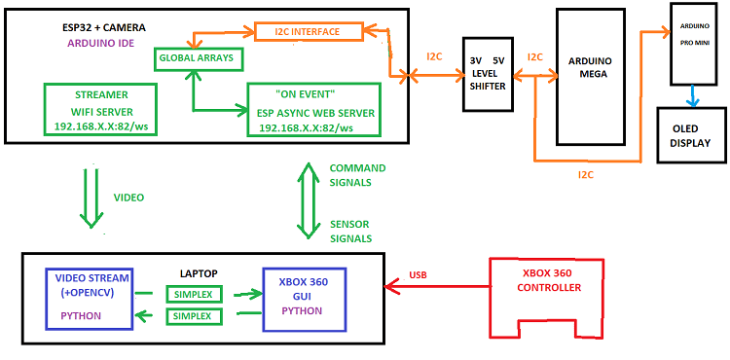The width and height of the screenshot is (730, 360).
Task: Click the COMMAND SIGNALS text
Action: point(356,175)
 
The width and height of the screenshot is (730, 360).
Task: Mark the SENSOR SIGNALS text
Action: point(352,231)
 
